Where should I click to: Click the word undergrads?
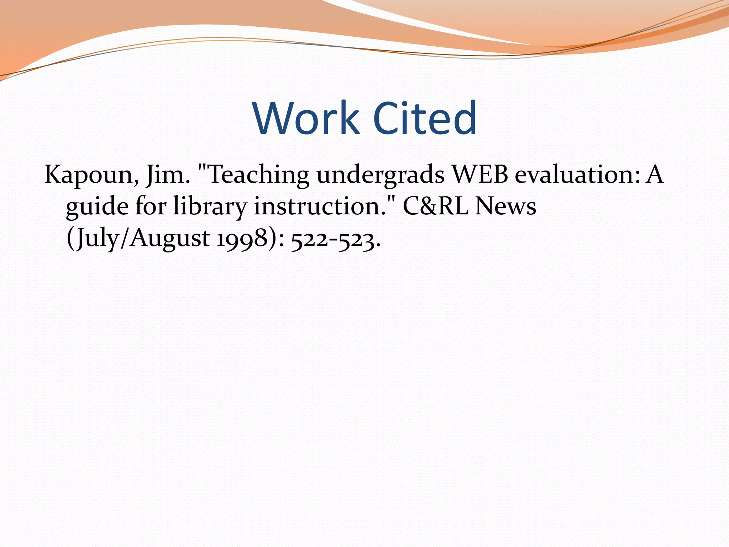[x=380, y=176]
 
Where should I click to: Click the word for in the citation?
[x=151, y=207]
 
